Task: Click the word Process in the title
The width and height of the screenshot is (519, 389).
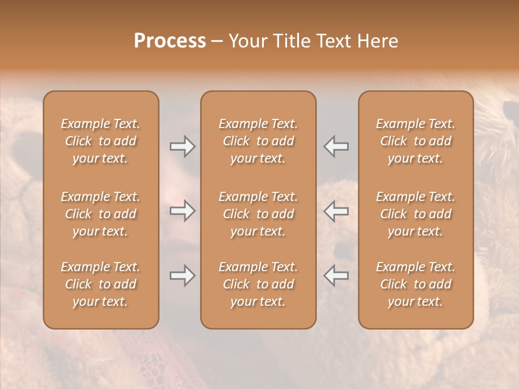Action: coord(170,41)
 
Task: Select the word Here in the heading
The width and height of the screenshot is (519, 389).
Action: coord(378,41)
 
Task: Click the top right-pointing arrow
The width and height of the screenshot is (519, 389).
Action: coord(183,146)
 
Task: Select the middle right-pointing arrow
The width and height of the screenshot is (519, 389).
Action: coord(183,211)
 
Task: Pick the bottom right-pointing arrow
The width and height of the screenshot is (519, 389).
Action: coord(183,276)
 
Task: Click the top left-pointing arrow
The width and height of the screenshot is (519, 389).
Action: coord(336,146)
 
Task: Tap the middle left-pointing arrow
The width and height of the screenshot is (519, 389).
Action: coord(336,211)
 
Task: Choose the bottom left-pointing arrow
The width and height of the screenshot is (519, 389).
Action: coord(336,276)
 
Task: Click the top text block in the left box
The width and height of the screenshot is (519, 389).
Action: coord(101,141)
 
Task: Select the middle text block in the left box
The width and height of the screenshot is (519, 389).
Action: coord(101,214)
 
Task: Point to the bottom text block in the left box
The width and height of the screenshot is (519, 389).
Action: coord(101,284)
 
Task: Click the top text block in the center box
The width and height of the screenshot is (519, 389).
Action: coord(258,141)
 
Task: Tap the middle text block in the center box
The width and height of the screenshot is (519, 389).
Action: coord(258,214)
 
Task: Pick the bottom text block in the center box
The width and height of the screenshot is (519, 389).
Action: coord(258,284)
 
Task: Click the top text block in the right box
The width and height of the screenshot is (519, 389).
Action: coord(416,141)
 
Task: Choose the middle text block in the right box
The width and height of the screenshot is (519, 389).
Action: coord(416,214)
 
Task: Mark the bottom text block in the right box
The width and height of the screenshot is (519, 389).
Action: coord(416,284)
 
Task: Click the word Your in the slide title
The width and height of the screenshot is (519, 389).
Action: coord(247,41)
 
